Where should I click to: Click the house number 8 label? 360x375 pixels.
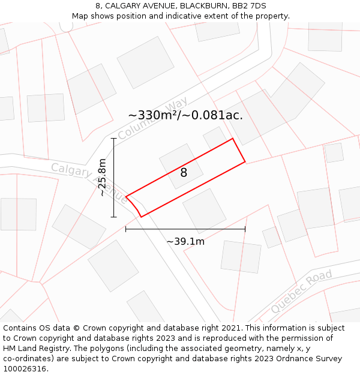point(184,173)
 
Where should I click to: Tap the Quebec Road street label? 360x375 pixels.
point(301,292)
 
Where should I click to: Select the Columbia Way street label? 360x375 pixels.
point(152,118)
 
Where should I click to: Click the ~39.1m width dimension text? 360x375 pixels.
point(185,241)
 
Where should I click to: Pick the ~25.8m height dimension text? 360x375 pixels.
point(103,177)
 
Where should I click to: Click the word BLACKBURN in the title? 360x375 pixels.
point(198,6)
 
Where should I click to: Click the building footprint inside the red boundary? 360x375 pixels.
point(181,166)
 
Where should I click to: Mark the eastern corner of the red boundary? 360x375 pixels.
point(245,161)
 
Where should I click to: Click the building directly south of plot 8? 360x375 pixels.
point(204,211)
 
